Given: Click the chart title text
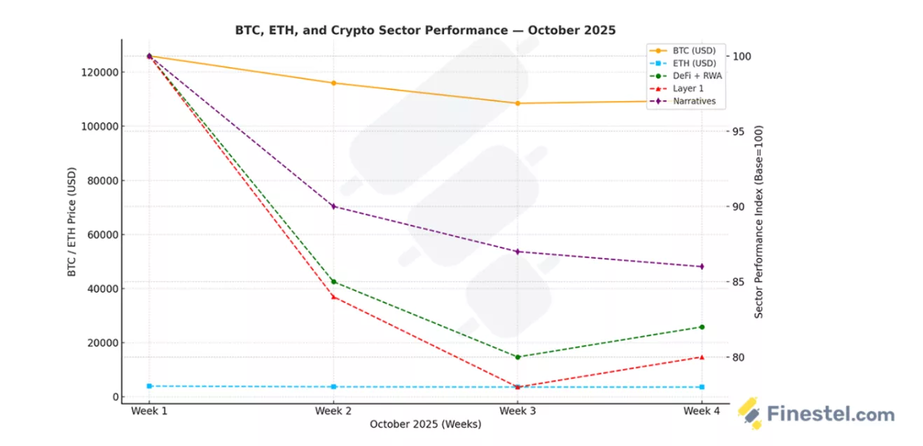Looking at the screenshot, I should (425, 30).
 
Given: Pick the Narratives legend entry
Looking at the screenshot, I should (694, 102).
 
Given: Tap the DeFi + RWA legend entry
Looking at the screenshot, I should (697, 76).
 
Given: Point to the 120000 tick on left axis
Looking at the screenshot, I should (97, 72).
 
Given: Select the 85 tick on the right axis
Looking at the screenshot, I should (741, 282).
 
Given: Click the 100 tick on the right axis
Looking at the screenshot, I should (743, 56).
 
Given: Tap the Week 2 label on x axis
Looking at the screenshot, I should (333, 411).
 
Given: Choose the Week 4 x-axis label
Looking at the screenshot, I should (701, 411).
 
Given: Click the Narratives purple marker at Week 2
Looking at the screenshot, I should (333, 206).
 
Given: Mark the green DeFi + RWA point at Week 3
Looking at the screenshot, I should (518, 357).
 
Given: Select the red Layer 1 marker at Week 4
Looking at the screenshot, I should (702, 357).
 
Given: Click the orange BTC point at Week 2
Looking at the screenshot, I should (333, 83).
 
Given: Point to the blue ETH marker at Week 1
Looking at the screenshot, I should (149, 386).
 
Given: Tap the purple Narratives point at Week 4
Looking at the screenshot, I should (702, 266).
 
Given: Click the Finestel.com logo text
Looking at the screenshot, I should (831, 414).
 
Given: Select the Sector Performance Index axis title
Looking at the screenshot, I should (758, 222).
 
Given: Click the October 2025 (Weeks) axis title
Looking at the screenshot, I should (425, 424).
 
